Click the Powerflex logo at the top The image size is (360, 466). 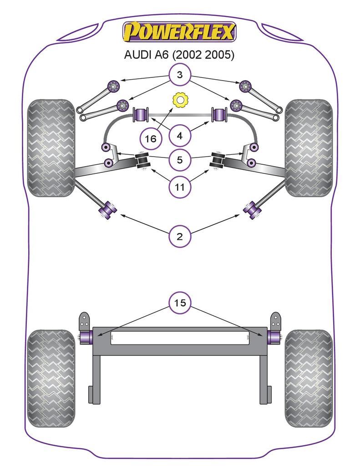179,32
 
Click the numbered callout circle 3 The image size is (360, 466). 180,75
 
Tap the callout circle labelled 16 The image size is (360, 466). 151,138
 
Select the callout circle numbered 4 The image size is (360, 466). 180,135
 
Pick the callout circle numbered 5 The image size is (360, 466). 180,160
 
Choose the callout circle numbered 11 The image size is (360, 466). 180,187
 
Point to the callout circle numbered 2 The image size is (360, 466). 180,236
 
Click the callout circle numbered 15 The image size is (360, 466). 180,303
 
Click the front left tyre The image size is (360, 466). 51,148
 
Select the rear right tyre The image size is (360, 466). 309,378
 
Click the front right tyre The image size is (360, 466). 309,148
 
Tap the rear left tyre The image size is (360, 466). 51,378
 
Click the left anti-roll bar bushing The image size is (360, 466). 141,114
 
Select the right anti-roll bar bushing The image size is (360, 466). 220,114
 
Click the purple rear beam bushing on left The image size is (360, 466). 87,337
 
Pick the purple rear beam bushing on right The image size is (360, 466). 273,337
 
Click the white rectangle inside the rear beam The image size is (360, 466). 180,338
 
